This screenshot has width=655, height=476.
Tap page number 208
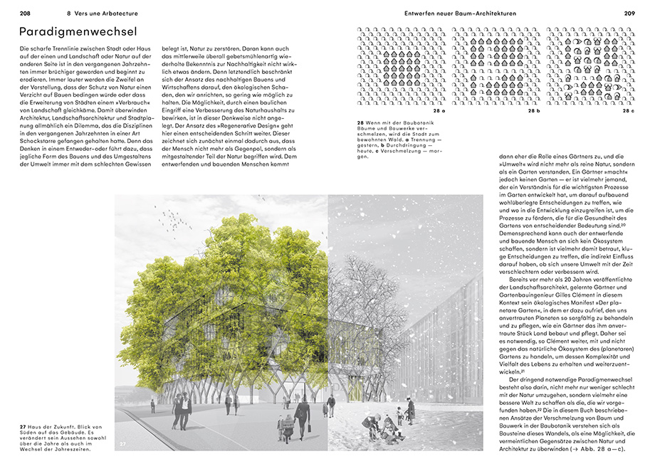click(25, 14)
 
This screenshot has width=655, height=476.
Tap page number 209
click(629, 14)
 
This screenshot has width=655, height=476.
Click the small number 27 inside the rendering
click(122, 445)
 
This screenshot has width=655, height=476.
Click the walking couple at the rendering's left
click(181, 410)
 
